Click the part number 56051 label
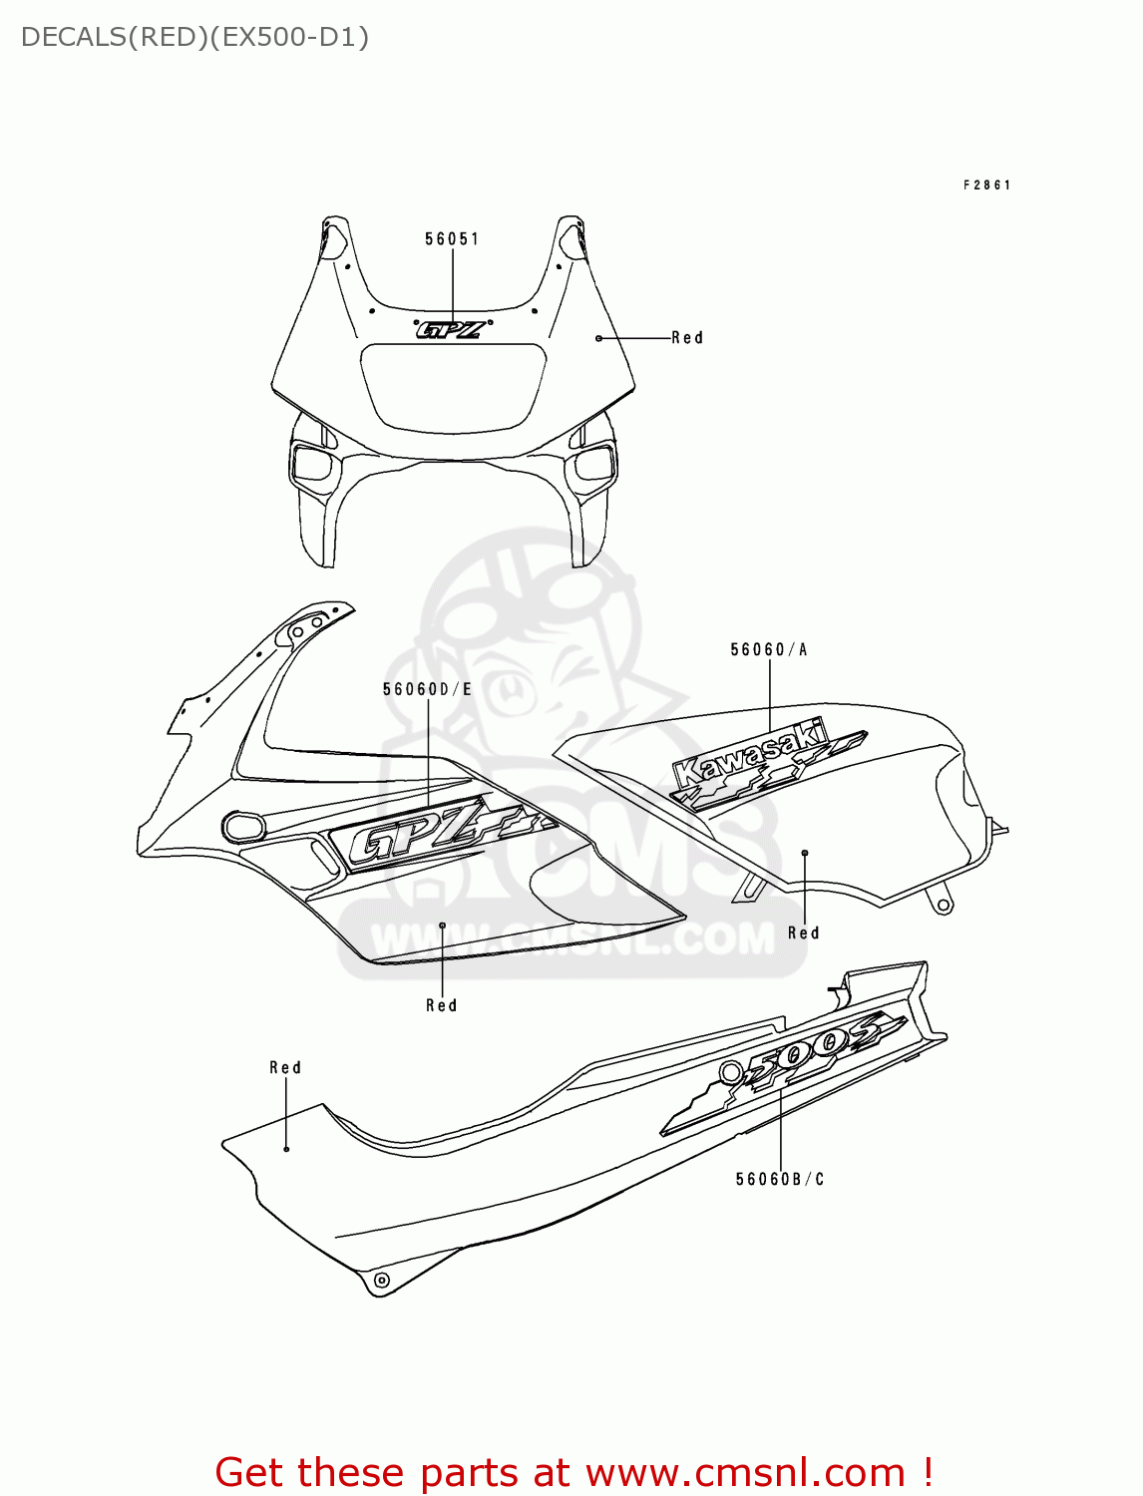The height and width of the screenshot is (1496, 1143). (x=452, y=239)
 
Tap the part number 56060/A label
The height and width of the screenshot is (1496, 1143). (x=769, y=650)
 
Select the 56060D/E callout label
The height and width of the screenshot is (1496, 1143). (x=427, y=689)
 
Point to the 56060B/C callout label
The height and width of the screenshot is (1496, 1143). (x=780, y=1180)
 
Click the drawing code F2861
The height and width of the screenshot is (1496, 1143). (x=987, y=186)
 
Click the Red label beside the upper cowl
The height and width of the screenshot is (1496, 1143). (x=687, y=338)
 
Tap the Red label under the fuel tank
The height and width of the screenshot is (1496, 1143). (x=803, y=934)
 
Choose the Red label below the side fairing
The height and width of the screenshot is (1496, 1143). (x=441, y=1006)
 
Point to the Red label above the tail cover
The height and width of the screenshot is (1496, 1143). (x=285, y=1068)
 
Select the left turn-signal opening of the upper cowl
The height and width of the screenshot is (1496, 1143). (x=311, y=463)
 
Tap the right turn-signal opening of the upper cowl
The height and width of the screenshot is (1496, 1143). (x=592, y=463)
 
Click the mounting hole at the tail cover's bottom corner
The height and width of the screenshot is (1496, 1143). (x=380, y=1280)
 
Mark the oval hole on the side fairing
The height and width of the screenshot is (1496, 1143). (x=243, y=826)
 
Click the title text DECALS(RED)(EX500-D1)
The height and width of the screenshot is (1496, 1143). (x=194, y=38)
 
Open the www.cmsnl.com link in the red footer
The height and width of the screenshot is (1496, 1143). (x=745, y=1473)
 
